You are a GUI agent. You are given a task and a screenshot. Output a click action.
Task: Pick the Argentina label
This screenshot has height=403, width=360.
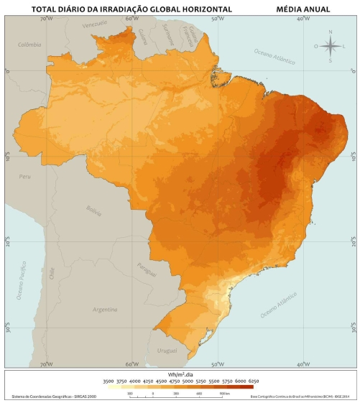point(105,310)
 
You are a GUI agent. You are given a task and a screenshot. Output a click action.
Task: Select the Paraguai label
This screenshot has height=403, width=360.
point(146,270)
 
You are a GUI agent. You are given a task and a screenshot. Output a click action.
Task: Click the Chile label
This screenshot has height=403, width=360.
point(52,272)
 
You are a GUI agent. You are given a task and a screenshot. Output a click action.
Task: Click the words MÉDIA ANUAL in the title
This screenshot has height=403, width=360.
point(303,9)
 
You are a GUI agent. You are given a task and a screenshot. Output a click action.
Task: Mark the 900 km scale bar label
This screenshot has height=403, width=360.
point(224,394)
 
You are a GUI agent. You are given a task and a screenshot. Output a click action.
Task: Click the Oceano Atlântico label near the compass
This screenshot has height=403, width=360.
point(274,56)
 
